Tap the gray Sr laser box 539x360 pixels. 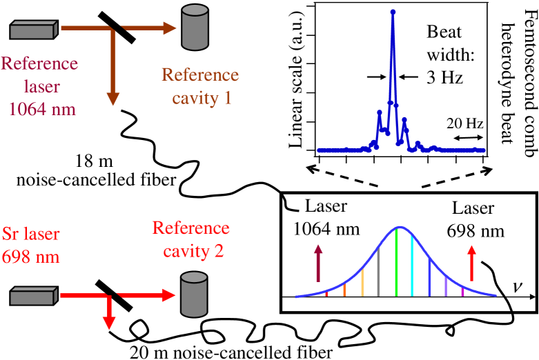tap(34, 297)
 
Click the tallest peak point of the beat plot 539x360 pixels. tap(393, 12)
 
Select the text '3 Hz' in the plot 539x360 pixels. tap(443, 78)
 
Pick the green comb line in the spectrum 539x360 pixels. tap(396, 262)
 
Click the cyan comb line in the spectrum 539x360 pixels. tap(412, 266)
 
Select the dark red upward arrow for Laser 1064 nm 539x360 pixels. tap(318, 266)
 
